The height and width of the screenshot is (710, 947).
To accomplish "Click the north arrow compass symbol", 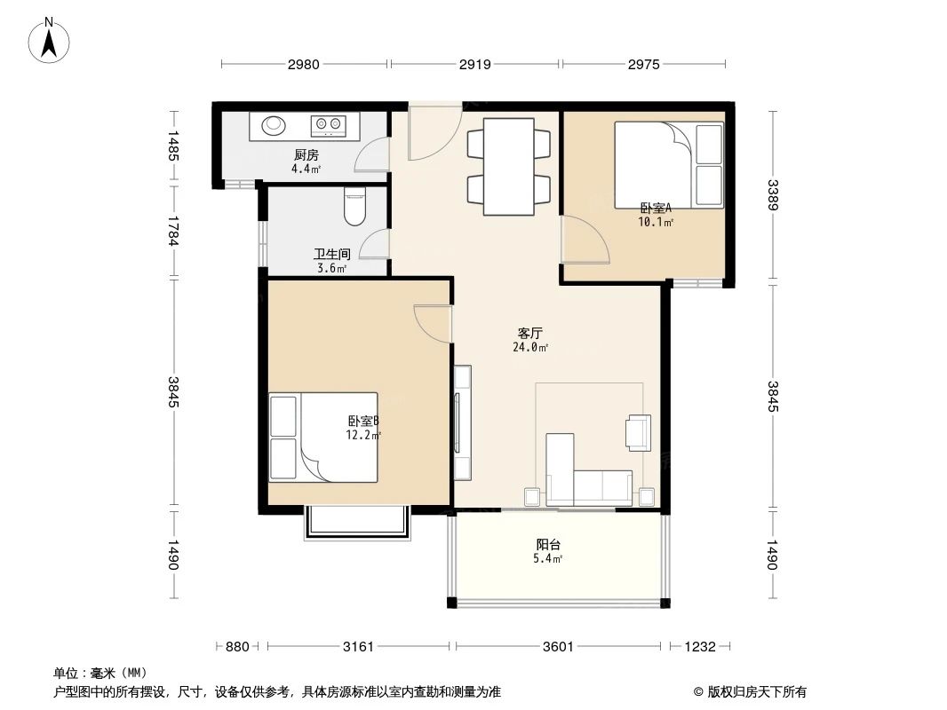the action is (49, 41).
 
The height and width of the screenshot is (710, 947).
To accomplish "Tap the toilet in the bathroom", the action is (354, 206).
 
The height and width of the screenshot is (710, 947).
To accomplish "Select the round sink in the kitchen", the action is (273, 125).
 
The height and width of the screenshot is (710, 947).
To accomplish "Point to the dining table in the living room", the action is (508, 167).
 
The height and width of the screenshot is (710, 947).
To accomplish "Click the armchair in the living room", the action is (639, 432).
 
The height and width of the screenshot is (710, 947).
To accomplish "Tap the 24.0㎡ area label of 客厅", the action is (530, 348).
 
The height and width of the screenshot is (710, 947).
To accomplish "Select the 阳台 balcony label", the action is (548, 545).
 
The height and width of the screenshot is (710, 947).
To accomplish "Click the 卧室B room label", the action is (363, 421).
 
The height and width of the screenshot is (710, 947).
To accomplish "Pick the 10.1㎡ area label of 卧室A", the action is (656, 222).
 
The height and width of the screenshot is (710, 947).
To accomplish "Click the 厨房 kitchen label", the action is (306, 155).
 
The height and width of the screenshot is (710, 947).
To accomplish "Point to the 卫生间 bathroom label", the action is (331, 255).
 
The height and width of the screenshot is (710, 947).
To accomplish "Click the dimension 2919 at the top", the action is (474, 64).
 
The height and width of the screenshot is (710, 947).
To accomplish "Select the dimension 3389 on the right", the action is (772, 195).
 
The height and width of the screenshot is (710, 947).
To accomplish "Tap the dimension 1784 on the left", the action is (174, 231).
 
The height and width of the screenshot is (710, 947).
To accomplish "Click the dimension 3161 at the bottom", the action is (358, 647).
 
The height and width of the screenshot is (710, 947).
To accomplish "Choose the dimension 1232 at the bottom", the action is (700, 647).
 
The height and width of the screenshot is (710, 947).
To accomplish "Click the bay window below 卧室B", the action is (357, 523).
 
